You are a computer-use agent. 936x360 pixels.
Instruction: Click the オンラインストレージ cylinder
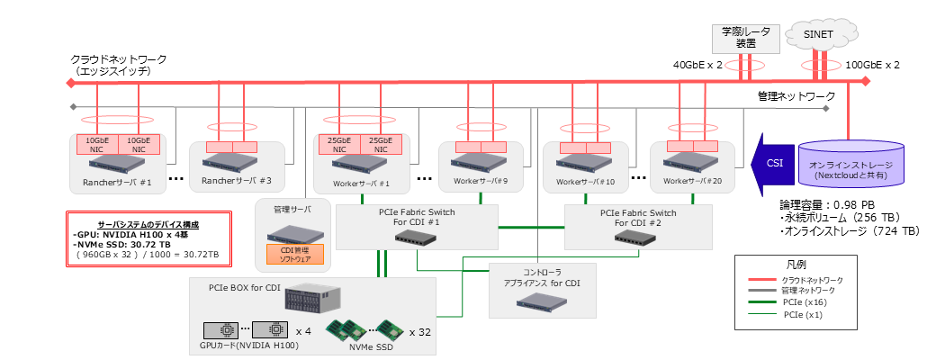pos(851,166)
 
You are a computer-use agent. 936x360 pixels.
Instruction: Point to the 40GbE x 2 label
pos(699,65)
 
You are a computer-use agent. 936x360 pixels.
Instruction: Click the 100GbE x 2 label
pos(872,65)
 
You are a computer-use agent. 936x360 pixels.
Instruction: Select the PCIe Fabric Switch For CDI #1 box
pos(417,226)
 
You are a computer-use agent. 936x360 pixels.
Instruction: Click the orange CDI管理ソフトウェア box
pos(288,255)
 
